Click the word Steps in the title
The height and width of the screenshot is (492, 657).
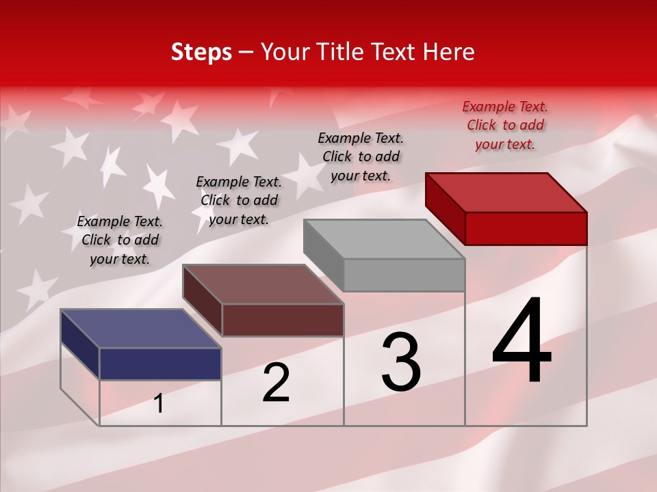point(201,52)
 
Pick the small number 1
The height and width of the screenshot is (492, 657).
point(159,404)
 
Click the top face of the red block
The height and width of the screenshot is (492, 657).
point(506,192)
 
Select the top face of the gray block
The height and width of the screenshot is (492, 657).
point(385,239)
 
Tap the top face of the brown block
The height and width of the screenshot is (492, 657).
point(263,284)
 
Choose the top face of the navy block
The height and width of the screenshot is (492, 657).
point(141,329)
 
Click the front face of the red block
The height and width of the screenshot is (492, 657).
point(526,228)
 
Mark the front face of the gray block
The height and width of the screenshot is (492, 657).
point(404,275)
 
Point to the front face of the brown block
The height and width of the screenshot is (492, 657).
point(282,320)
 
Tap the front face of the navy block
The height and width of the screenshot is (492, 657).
point(160,364)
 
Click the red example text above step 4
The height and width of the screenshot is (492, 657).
point(505,126)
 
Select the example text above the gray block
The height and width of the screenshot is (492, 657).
point(361,156)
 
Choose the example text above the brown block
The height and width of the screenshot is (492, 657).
point(239,200)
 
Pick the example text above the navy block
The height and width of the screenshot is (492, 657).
point(120,240)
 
